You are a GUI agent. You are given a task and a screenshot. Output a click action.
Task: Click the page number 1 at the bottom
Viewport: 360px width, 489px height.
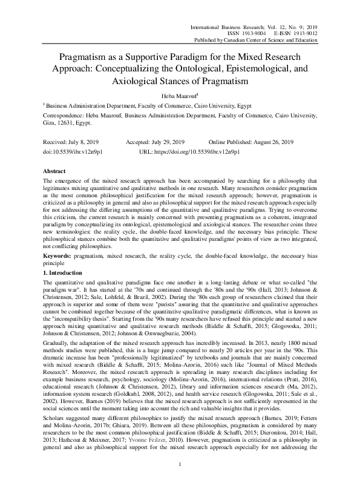(180, 481)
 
